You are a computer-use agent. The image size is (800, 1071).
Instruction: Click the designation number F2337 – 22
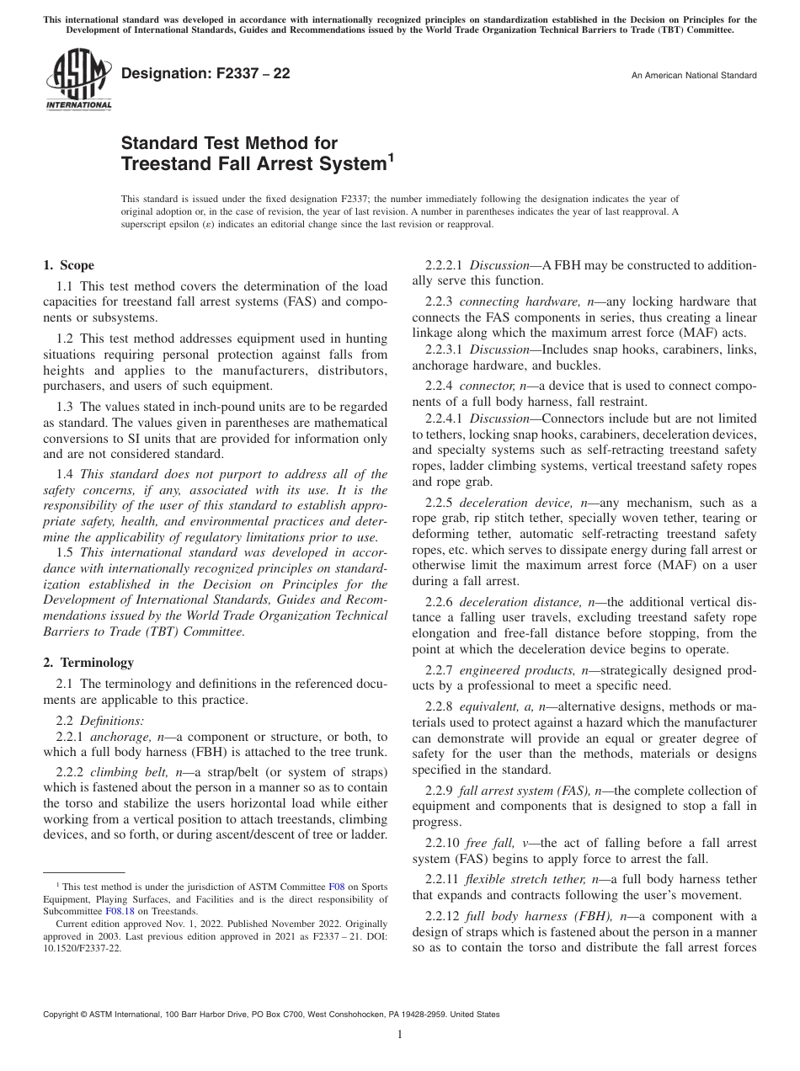tap(205, 74)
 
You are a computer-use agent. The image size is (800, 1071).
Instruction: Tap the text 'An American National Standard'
tap(694, 76)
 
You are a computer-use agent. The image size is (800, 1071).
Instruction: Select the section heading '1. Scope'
tap(69, 266)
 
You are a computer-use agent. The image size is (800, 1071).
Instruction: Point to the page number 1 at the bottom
tap(400, 1035)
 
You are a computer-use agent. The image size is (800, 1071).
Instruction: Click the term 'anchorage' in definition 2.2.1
tap(130, 737)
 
